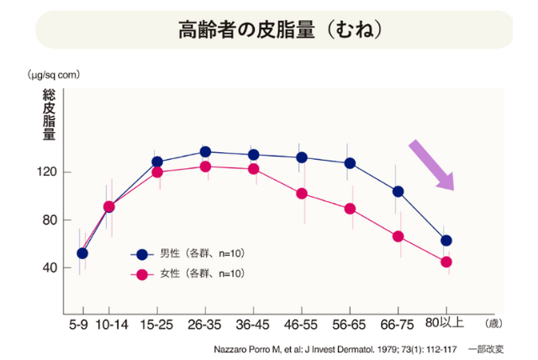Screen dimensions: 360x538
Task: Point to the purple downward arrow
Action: (x=432, y=165)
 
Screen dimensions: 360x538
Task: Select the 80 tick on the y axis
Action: (x=49, y=220)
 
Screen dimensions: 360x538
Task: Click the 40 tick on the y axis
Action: (x=49, y=267)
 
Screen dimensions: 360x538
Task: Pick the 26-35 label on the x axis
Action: (x=205, y=324)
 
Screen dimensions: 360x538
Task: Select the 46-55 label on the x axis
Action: (x=301, y=324)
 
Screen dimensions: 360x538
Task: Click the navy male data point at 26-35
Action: (x=205, y=152)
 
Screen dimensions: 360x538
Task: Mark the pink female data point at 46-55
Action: (x=302, y=193)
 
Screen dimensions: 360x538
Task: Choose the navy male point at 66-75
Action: (x=398, y=191)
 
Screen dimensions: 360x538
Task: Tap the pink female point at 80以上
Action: (x=446, y=262)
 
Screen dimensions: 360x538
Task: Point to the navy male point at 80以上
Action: (x=446, y=241)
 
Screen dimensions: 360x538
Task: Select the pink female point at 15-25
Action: (x=157, y=172)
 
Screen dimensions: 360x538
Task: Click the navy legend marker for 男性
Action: (x=142, y=253)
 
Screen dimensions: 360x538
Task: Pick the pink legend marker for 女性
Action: (x=142, y=273)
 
